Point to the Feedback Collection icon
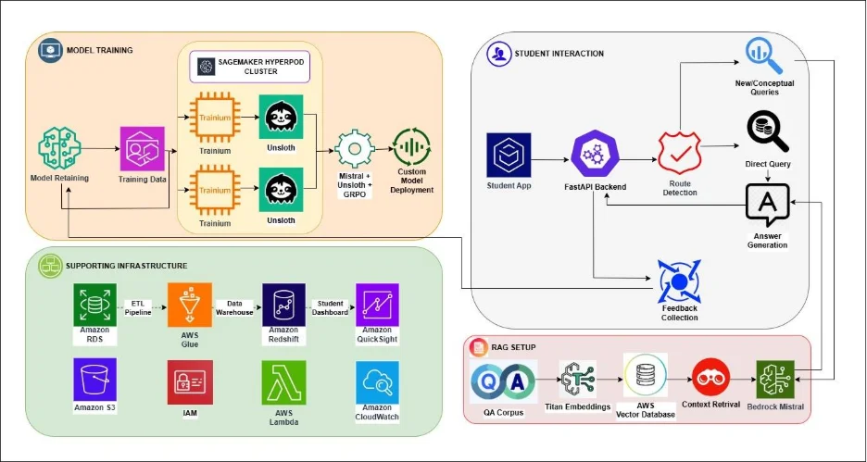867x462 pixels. tap(680, 281)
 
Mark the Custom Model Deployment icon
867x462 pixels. tap(412, 148)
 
